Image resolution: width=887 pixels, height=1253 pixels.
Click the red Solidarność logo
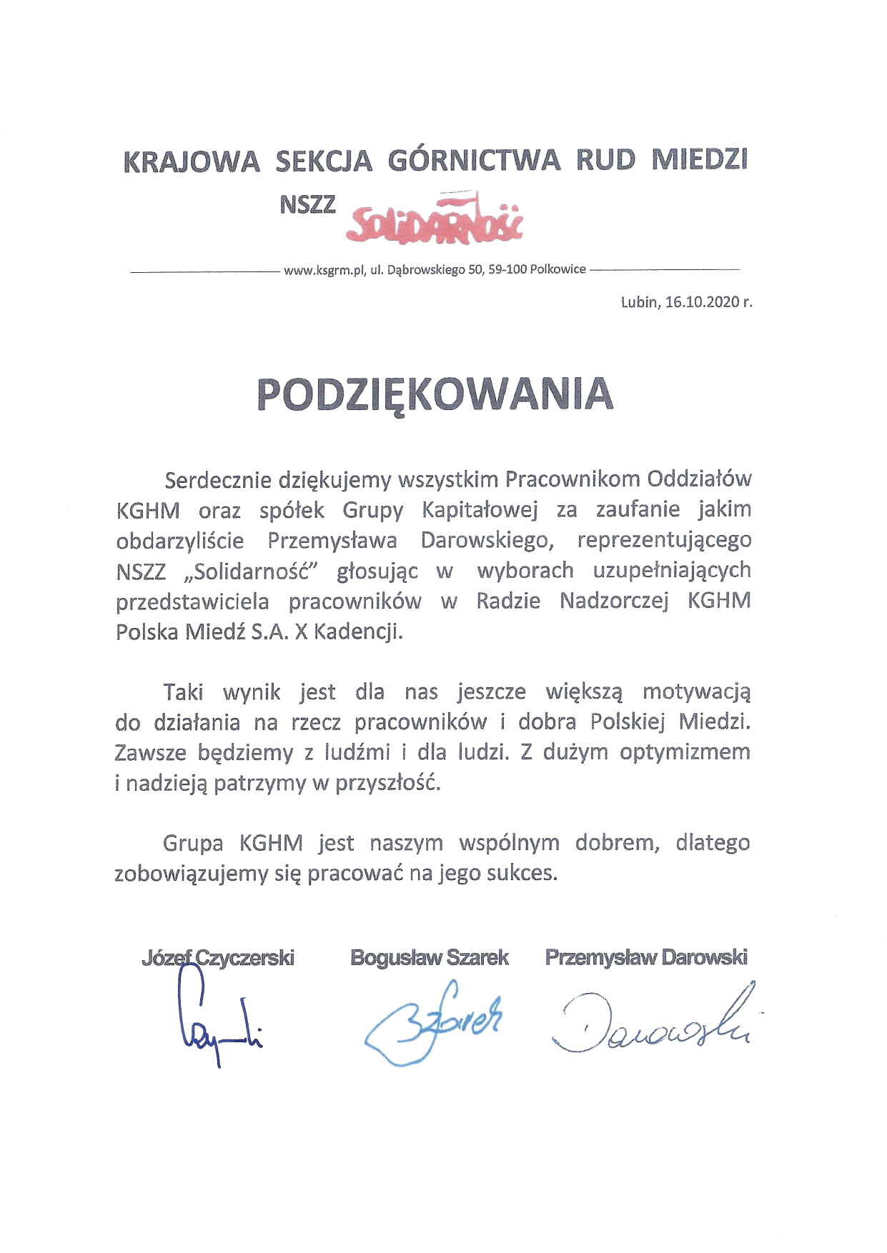coord(435,219)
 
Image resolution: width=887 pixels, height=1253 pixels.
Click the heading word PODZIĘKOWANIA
coord(435,394)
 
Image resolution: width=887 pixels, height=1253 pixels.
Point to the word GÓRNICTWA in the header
coord(474,161)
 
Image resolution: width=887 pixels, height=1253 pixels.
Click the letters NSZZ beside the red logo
coord(307,205)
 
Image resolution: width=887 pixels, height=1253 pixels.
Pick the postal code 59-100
coord(507,270)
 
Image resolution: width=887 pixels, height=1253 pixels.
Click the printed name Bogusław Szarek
coord(429,958)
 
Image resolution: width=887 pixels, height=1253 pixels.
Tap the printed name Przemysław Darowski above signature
coord(646,958)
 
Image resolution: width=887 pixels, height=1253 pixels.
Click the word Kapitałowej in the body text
coord(480,510)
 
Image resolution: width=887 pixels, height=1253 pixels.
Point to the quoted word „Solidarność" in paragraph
coord(251,571)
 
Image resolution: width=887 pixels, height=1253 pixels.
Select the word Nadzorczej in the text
coord(614,601)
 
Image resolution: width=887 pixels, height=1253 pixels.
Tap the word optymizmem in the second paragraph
coord(685,753)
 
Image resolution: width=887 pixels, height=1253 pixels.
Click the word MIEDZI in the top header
coord(699,161)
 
